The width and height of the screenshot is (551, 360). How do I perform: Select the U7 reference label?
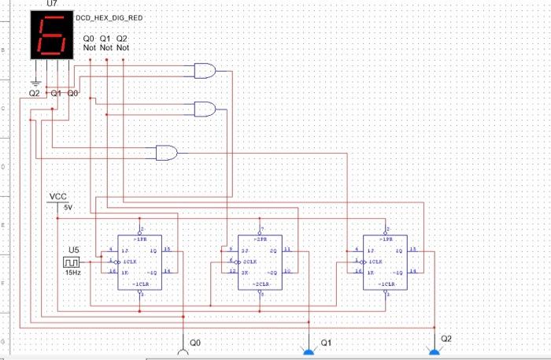tap(52, 5)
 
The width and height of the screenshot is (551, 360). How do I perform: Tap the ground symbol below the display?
tap(35, 81)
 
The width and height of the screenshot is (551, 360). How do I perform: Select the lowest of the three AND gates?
tap(167, 153)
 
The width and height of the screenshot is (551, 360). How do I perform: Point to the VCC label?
tap(58, 196)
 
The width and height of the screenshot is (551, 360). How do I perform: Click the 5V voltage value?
tap(68, 207)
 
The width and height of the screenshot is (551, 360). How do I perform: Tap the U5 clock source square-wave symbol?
tap(72, 262)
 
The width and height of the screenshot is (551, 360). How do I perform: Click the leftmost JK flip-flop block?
tap(139, 262)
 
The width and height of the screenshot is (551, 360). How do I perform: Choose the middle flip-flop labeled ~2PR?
tap(260, 262)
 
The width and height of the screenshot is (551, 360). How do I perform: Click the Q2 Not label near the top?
tap(122, 43)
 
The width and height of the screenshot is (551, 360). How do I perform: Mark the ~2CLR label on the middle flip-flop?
tap(262, 283)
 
